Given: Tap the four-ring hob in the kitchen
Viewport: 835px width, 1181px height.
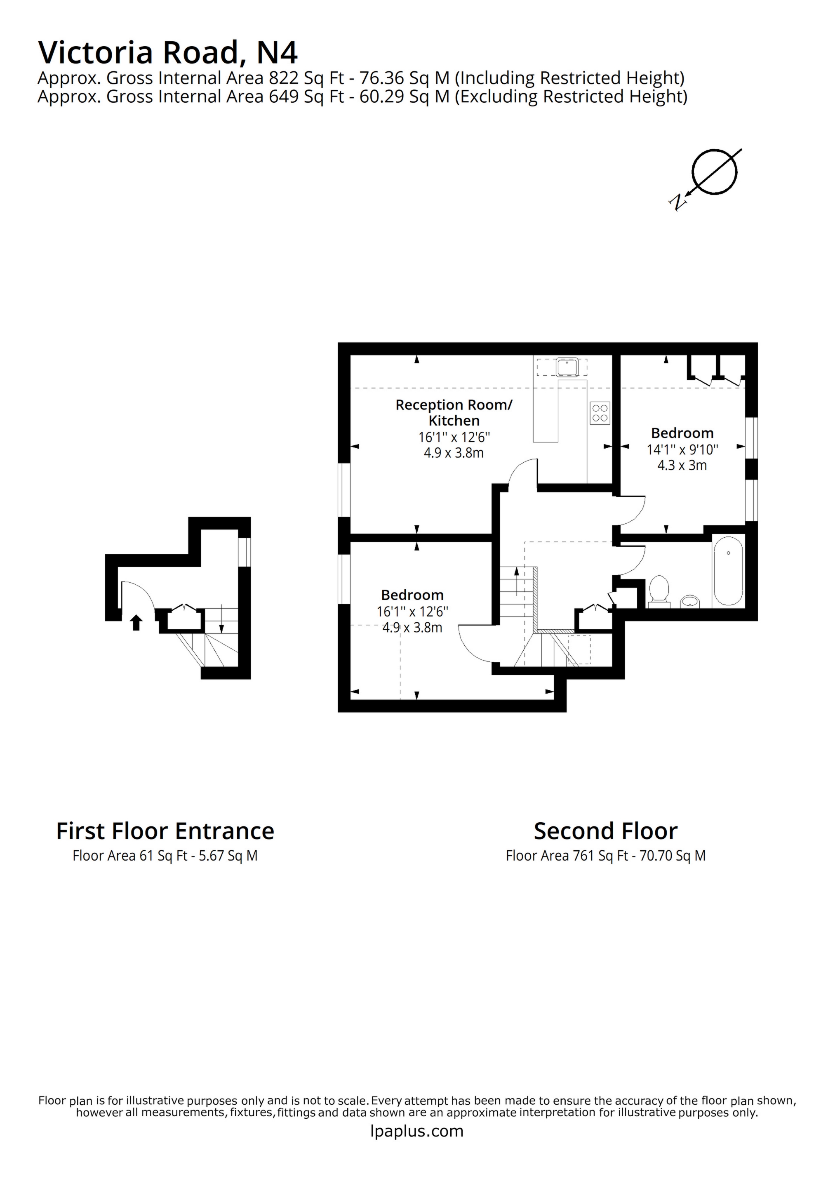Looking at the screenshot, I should click(x=600, y=412).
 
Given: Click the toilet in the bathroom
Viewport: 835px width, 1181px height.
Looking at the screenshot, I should click(x=659, y=590).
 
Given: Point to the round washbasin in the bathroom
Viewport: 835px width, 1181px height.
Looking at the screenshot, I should click(x=690, y=601).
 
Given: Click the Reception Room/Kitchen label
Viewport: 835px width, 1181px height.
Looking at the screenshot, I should click(x=453, y=412).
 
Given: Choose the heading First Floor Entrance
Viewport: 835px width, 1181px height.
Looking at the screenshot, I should click(x=165, y=831).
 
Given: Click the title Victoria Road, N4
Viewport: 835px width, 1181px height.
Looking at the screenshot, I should click(x=168, y=52).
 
